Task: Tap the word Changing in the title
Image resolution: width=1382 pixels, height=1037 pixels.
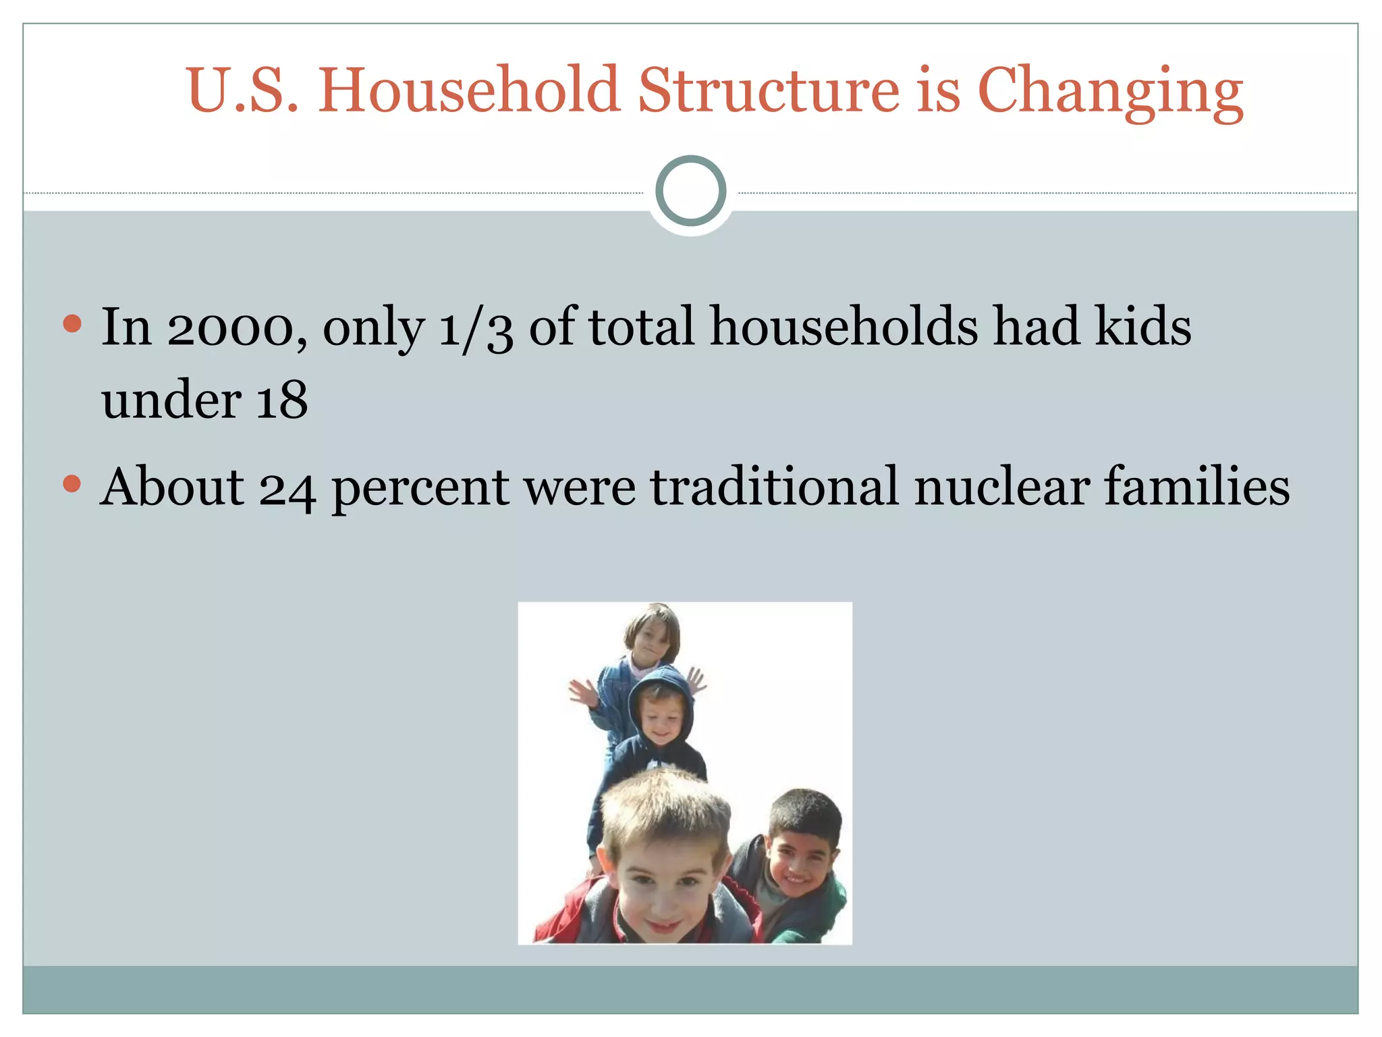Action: (x=1110, y=91)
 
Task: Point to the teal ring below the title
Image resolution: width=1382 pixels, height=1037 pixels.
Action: (x=690, y=191)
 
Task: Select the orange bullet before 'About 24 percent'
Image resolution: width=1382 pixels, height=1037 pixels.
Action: (x=72, y=483)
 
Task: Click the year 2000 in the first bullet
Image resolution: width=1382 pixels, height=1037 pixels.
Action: (x=230, y=328)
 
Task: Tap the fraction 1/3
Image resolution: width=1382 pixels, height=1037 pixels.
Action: (x=476, y=328)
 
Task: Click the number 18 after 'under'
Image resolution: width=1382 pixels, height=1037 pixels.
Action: (x=281, y=400)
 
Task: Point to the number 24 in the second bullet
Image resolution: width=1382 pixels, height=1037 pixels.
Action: (x=287, y=487)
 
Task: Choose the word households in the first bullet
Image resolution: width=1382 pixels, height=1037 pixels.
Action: (x=844, y=327)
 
